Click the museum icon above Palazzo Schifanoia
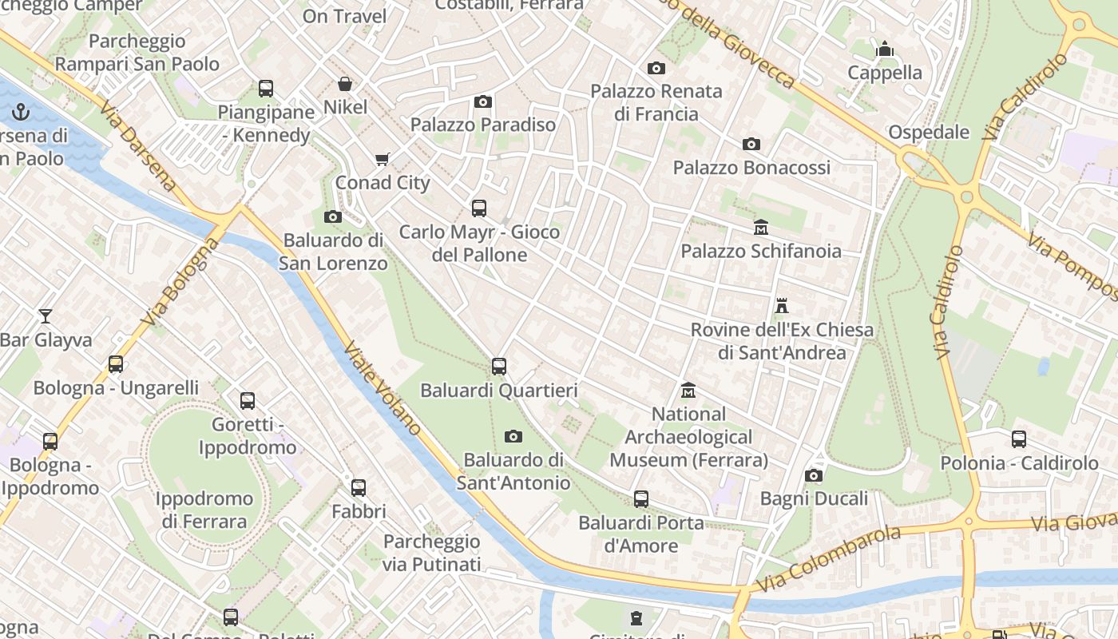pyautogui.click(x=760, y=228)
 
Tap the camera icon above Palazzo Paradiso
pyautogui.click(x=482, y=101)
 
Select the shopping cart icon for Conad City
pyautogui.click(x=383, y=159)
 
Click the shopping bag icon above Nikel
pyautogui.click(x=345, y=84)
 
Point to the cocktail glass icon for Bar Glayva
pyautogui.click(x=46, y=316)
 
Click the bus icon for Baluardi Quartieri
pyautogui.click(x=499, y=367)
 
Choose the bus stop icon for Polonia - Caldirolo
pyautogui.click(x=1019, y=439)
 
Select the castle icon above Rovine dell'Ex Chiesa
pyautogui.click(x=782, y=306)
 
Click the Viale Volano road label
pyautogui.click(x=383, y=388)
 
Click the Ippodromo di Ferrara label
pyautogui.click(x=204, y=510)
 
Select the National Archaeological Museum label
pyautogui.click(x=688, y=437)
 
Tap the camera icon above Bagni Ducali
pyautogui.click(x=814, y=476)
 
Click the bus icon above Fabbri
pyautogui.click(x=359, y=487)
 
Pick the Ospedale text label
pyautogui.click(x=929, y=133)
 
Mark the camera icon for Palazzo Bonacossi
pyautogui.click(x=751, y=145)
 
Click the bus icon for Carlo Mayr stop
pyautogui.click(x=479, y=208)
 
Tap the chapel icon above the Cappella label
pyautogui.click(x=885, y=50)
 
